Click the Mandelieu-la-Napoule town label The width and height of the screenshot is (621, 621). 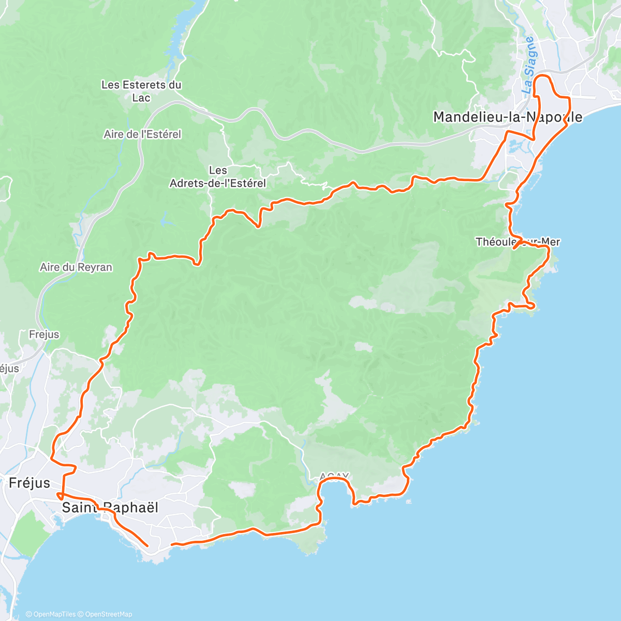[507, 117]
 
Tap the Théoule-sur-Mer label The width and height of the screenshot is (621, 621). [517, 242]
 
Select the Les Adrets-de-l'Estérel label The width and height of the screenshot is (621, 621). [218, 176]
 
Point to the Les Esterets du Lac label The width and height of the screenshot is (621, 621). [141, 91]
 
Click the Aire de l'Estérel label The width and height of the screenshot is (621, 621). [142, 135]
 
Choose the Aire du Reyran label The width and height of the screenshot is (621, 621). [76, 268]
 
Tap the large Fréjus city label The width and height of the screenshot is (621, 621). [29, 483]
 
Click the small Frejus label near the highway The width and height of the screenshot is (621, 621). [44, 335]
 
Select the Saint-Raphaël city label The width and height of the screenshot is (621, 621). [110, 508]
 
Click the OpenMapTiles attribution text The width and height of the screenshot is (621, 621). [54, 614]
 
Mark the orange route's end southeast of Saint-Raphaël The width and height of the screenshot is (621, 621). [147, 545]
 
